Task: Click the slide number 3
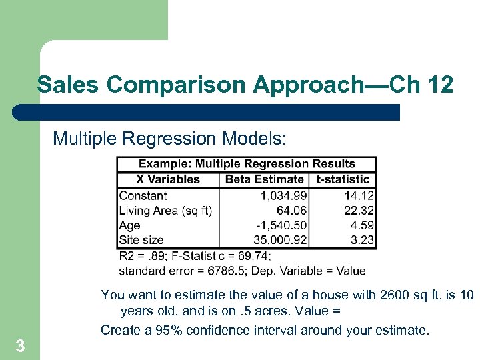point(20,346)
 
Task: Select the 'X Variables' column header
point(168,179)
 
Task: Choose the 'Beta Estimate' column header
point(264,179)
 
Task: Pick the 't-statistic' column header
point(343,179)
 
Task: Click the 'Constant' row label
point(143,196)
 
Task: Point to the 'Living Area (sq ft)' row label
point(165,211)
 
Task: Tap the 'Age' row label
point(129,225)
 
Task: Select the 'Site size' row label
point(141,240)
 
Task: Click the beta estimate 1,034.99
point(283,196)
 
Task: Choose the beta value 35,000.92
point(280,240)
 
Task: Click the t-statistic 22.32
point(360,211)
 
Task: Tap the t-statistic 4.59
point(363,225)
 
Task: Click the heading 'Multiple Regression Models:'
point(170,138)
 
